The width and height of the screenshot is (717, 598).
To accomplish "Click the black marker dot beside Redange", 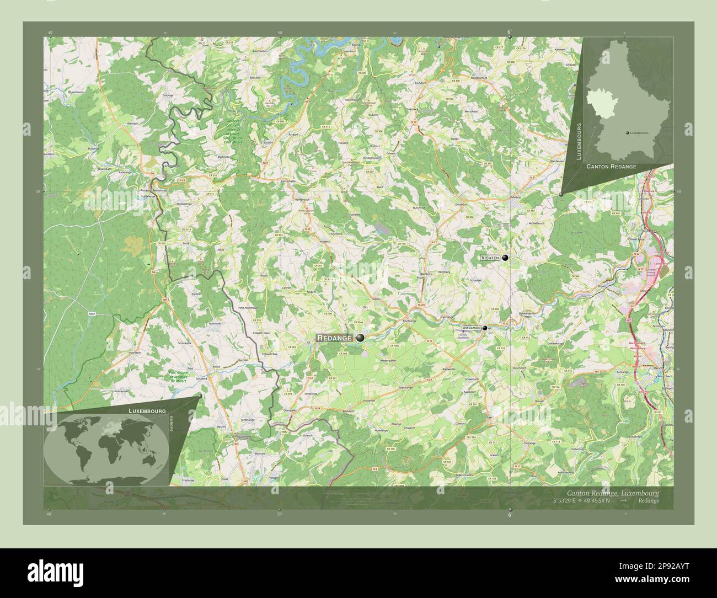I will [360, 337].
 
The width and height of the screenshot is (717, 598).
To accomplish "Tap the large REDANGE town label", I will [334, 338].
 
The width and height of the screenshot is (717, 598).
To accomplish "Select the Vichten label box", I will [490, 258].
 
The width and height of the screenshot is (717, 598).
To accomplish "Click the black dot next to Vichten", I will [505, 258].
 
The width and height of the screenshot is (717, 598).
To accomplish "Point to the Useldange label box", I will [472, 328].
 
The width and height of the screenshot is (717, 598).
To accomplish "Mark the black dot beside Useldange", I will [485, 328].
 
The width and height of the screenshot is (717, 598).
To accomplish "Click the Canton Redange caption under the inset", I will [611, 166].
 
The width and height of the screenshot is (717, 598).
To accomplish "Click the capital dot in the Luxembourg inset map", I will [627, 134].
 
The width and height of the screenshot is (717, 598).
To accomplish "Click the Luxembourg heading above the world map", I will [147, 412].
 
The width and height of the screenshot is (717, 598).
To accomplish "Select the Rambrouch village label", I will [303, 199].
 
